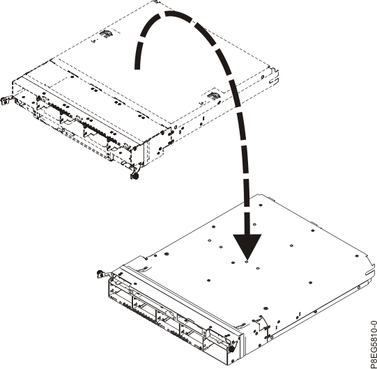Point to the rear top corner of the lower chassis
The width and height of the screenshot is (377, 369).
[x=259, y=195]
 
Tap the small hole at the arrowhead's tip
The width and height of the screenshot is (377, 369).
[x=248, y=262]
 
